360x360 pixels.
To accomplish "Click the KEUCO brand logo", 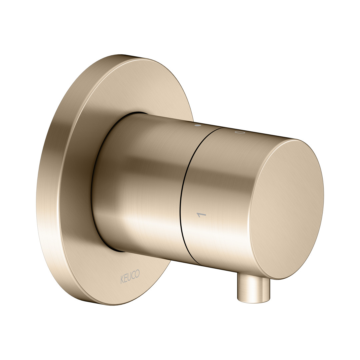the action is point(130,277).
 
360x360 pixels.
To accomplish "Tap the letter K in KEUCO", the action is point(122,280).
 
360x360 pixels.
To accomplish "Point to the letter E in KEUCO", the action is point(126,278).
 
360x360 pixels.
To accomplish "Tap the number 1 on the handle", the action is point(201,215).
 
